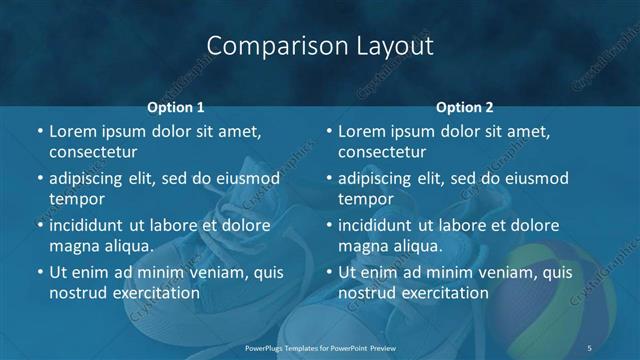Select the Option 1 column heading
pyautogui.click(x=176, y=106)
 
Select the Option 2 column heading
pyautogui.click(x=465, y=106)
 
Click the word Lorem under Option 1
pyautogui.click(x=73, y=131)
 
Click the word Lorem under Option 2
pyautogui.click(x=362, y=131)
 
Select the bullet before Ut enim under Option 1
pyautogui.click(x=39, y=272)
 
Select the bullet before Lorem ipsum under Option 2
pyautogui.click(x=328, y=131)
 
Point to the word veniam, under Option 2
pyautogui.click(x=510, y=272)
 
